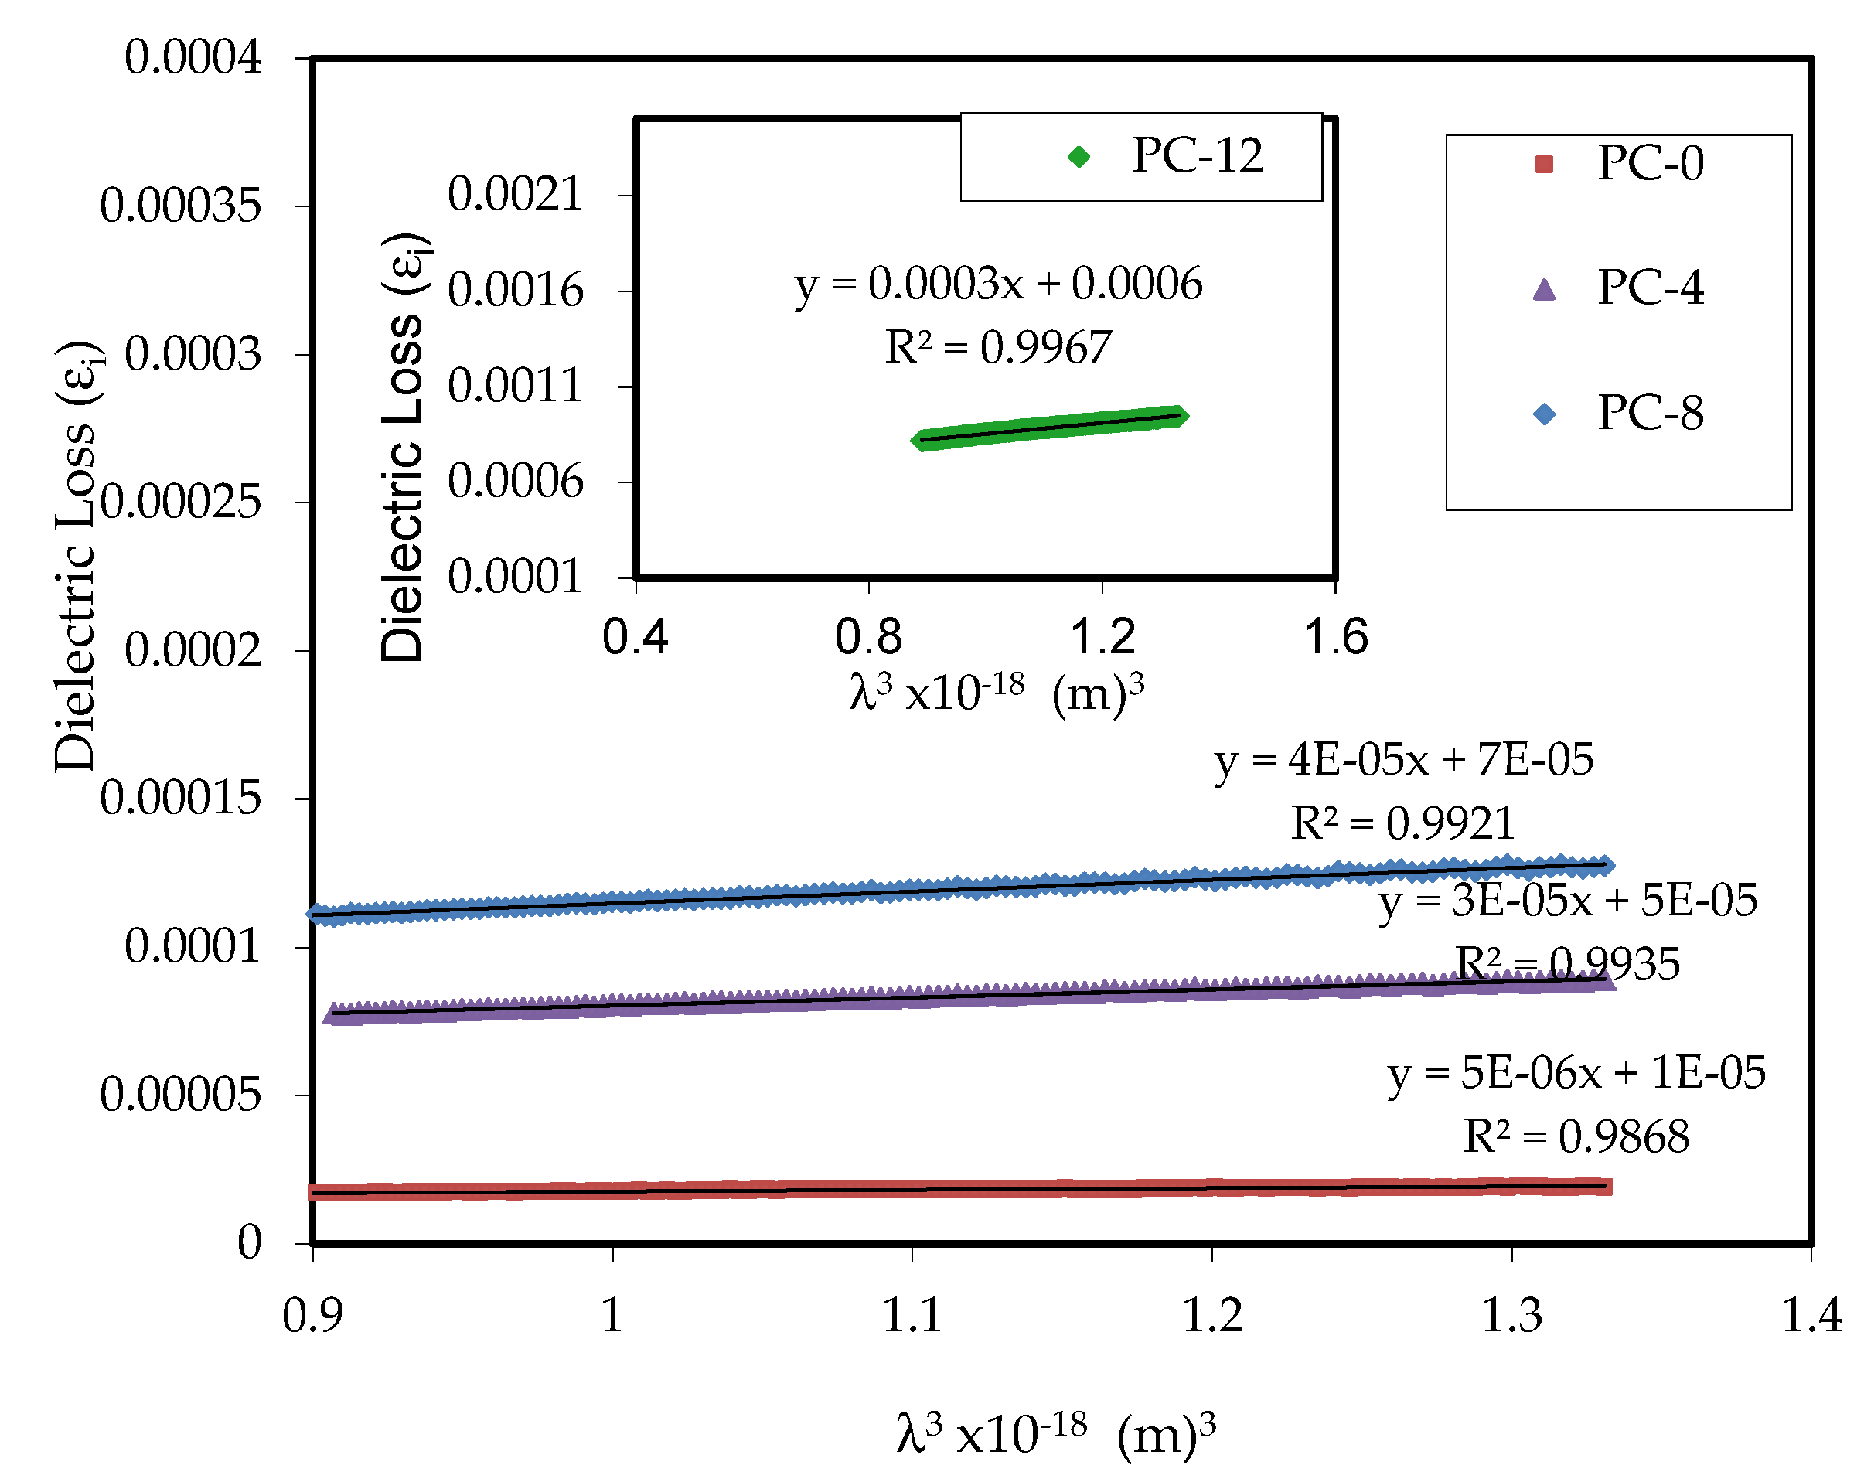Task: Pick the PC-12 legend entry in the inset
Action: [1167, 156]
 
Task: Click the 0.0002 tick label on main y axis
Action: [192, 651]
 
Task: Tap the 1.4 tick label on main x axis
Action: [1811, 1315]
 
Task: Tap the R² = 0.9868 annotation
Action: [1575, 1137]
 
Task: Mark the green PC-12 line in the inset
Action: [1050, 428]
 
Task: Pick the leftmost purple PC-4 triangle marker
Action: [334, 1014]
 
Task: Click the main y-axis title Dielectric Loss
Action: [76, 554]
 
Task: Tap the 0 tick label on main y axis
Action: [249, 1243]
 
